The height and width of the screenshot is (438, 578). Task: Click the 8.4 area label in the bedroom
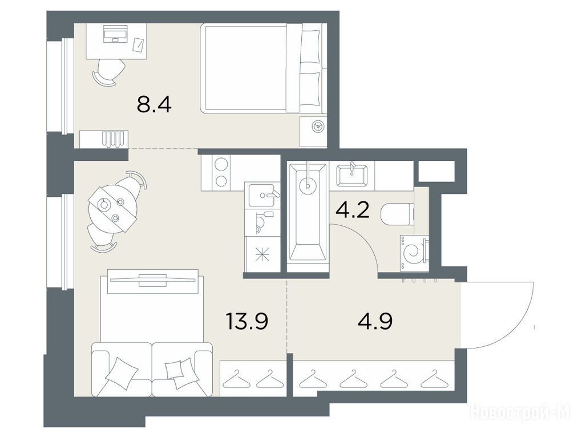tap(153, 105)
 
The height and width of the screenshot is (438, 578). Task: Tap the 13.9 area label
tap(246, 321)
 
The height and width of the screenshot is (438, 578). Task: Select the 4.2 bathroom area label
tap(352, 210)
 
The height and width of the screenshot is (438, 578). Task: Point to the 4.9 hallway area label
tap(375, 321)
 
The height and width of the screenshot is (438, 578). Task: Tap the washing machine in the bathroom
tap(415, 253)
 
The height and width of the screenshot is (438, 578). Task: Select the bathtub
tap(308, 213)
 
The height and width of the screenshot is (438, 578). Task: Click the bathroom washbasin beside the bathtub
tap(351, 175)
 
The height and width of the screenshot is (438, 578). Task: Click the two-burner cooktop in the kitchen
tap(221, 172)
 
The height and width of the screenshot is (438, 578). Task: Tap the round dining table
tap(113, 209)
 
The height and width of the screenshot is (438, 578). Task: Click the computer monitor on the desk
tap(115, 33)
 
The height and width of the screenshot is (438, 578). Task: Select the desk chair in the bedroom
tap(108, 72)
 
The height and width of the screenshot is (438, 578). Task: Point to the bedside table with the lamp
tap(313, 132)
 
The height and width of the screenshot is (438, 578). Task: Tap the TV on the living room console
tap(152, 279)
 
